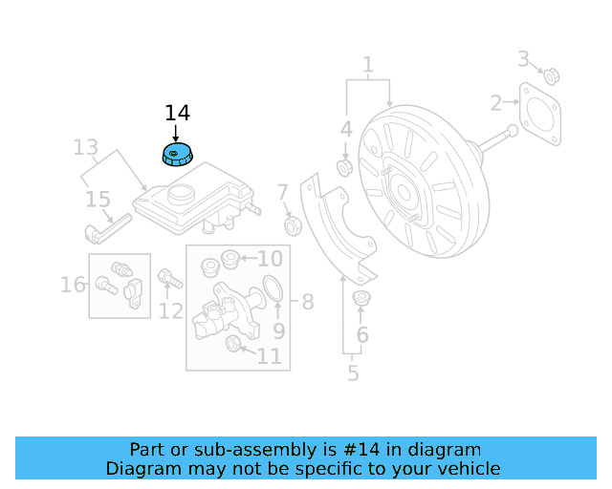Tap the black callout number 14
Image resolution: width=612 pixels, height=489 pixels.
(177, 113)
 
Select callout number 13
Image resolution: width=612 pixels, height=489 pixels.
(86, 147)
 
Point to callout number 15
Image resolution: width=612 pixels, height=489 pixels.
(98, 200)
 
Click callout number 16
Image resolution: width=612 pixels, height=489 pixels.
(73, 284)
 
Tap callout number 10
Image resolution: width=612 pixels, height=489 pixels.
(270, 259)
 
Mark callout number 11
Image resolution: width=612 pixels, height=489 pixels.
(270, 356)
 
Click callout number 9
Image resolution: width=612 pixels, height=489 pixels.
(279, 330)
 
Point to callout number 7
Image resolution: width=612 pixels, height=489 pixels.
(283, 194)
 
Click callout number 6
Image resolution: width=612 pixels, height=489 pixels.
(362, 334)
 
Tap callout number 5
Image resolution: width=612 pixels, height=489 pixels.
(353, 372)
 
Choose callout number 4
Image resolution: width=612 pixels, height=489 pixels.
(346, 129)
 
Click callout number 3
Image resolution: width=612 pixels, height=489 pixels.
(524, 59)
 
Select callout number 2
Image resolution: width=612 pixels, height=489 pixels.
(496, 103)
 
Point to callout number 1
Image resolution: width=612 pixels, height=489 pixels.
(367, 65)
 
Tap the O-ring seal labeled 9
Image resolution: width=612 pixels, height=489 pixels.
(272, 288)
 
